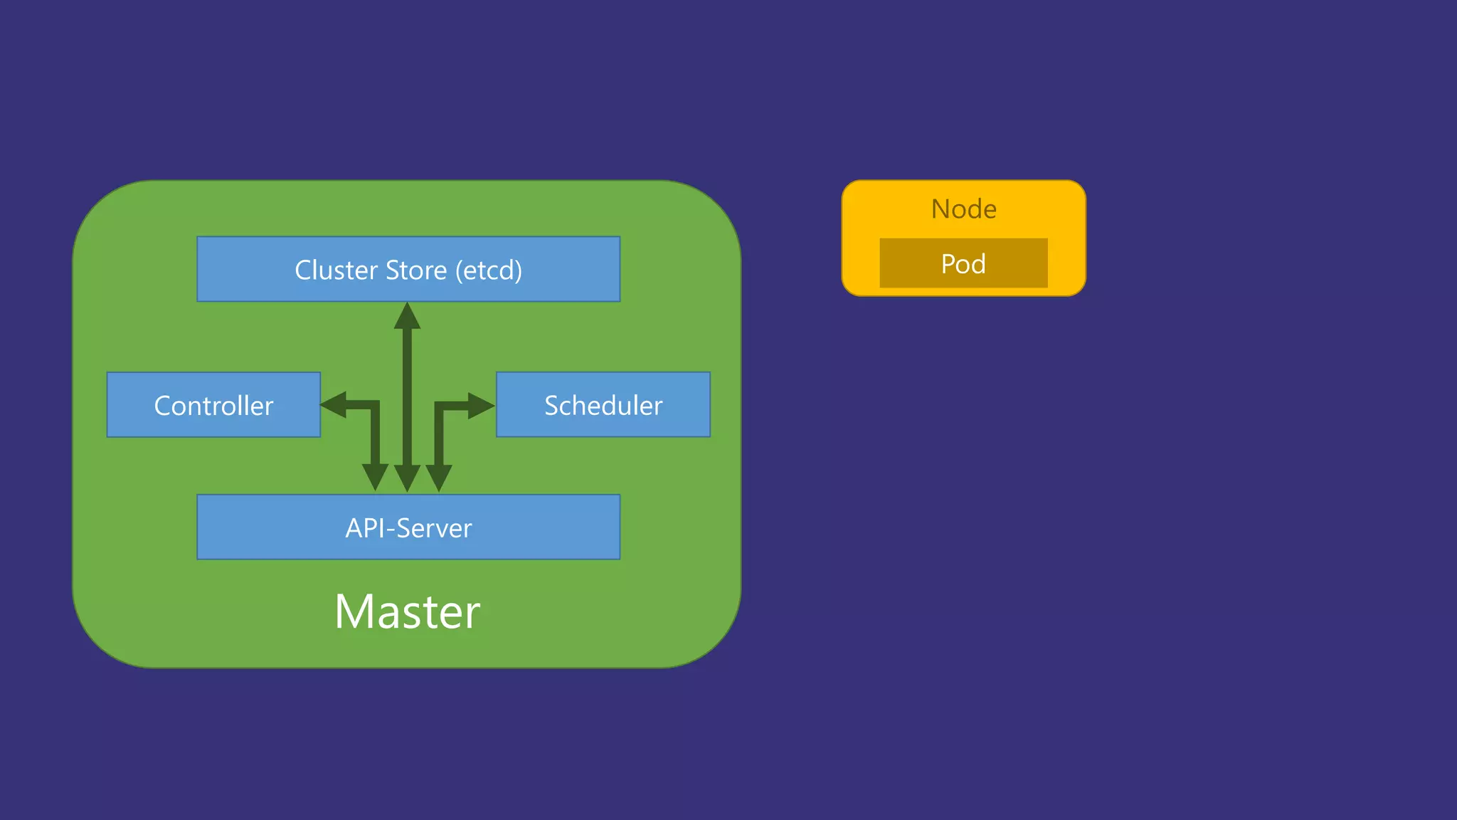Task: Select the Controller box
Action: pos(213,405)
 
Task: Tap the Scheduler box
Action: pos(603,405)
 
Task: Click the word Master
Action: pos(408,611)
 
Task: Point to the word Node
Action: pos(964,209)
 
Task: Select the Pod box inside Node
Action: pos(963,263)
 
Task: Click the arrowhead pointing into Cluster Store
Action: pos(408,317)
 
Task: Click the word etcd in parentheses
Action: pos(489,270)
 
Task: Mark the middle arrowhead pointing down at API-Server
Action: pos(407,478)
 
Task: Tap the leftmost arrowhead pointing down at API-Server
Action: pos(375,476)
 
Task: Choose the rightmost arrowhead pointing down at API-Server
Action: pos(439,476)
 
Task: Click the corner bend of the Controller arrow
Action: pos(374,406)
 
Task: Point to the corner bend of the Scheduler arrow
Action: pos(440,406)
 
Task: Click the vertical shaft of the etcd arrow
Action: pos(407,399)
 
